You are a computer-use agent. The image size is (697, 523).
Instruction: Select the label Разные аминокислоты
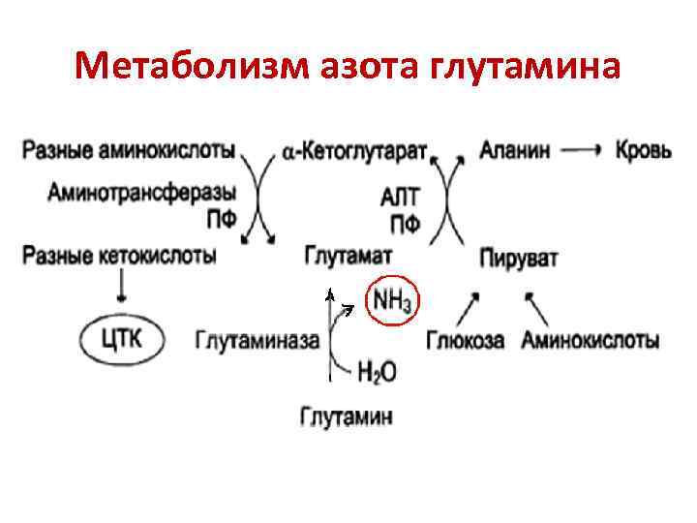128,150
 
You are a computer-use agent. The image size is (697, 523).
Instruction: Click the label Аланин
515,150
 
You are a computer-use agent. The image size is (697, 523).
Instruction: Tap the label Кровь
644,150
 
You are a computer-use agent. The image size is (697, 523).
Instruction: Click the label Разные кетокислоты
118,257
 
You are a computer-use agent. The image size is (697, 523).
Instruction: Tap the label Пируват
518,260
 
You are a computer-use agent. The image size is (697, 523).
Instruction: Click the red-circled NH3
392,302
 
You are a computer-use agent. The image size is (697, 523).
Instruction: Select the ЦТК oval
123,338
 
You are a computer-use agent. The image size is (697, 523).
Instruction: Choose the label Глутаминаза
258,340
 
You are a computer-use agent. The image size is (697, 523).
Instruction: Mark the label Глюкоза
465,340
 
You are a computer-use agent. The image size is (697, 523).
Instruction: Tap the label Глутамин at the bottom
347,417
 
